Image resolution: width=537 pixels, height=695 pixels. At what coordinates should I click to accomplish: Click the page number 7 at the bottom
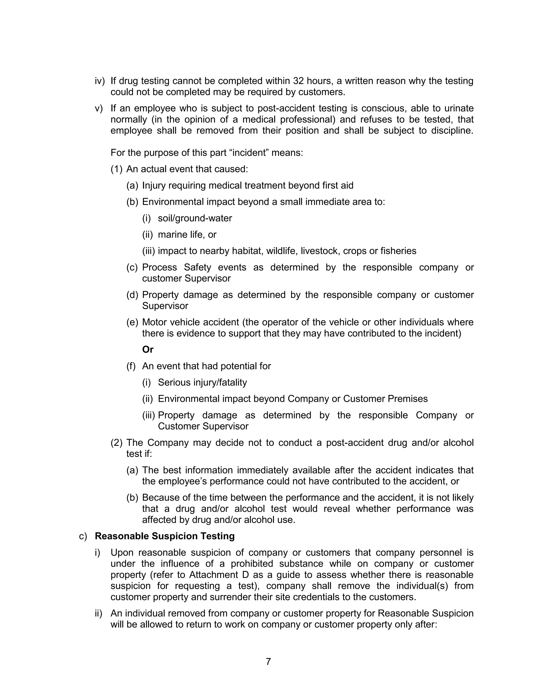[x=268, y=662]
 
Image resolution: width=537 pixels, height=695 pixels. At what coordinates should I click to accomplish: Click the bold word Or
[x=148, y=349]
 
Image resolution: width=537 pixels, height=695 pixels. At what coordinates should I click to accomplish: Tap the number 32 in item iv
[x=298, y=81]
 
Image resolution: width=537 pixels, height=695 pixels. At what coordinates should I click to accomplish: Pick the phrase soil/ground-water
[x=195, y=218]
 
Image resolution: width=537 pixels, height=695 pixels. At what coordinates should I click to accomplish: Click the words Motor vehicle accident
[x=190, y=322]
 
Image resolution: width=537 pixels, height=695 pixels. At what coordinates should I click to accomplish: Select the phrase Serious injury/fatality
[x=202, y=382]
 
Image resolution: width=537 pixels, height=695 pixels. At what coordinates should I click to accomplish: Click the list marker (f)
[x=131, y=366]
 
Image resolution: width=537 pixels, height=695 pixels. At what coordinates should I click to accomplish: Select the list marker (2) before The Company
[x=116, y=443]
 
